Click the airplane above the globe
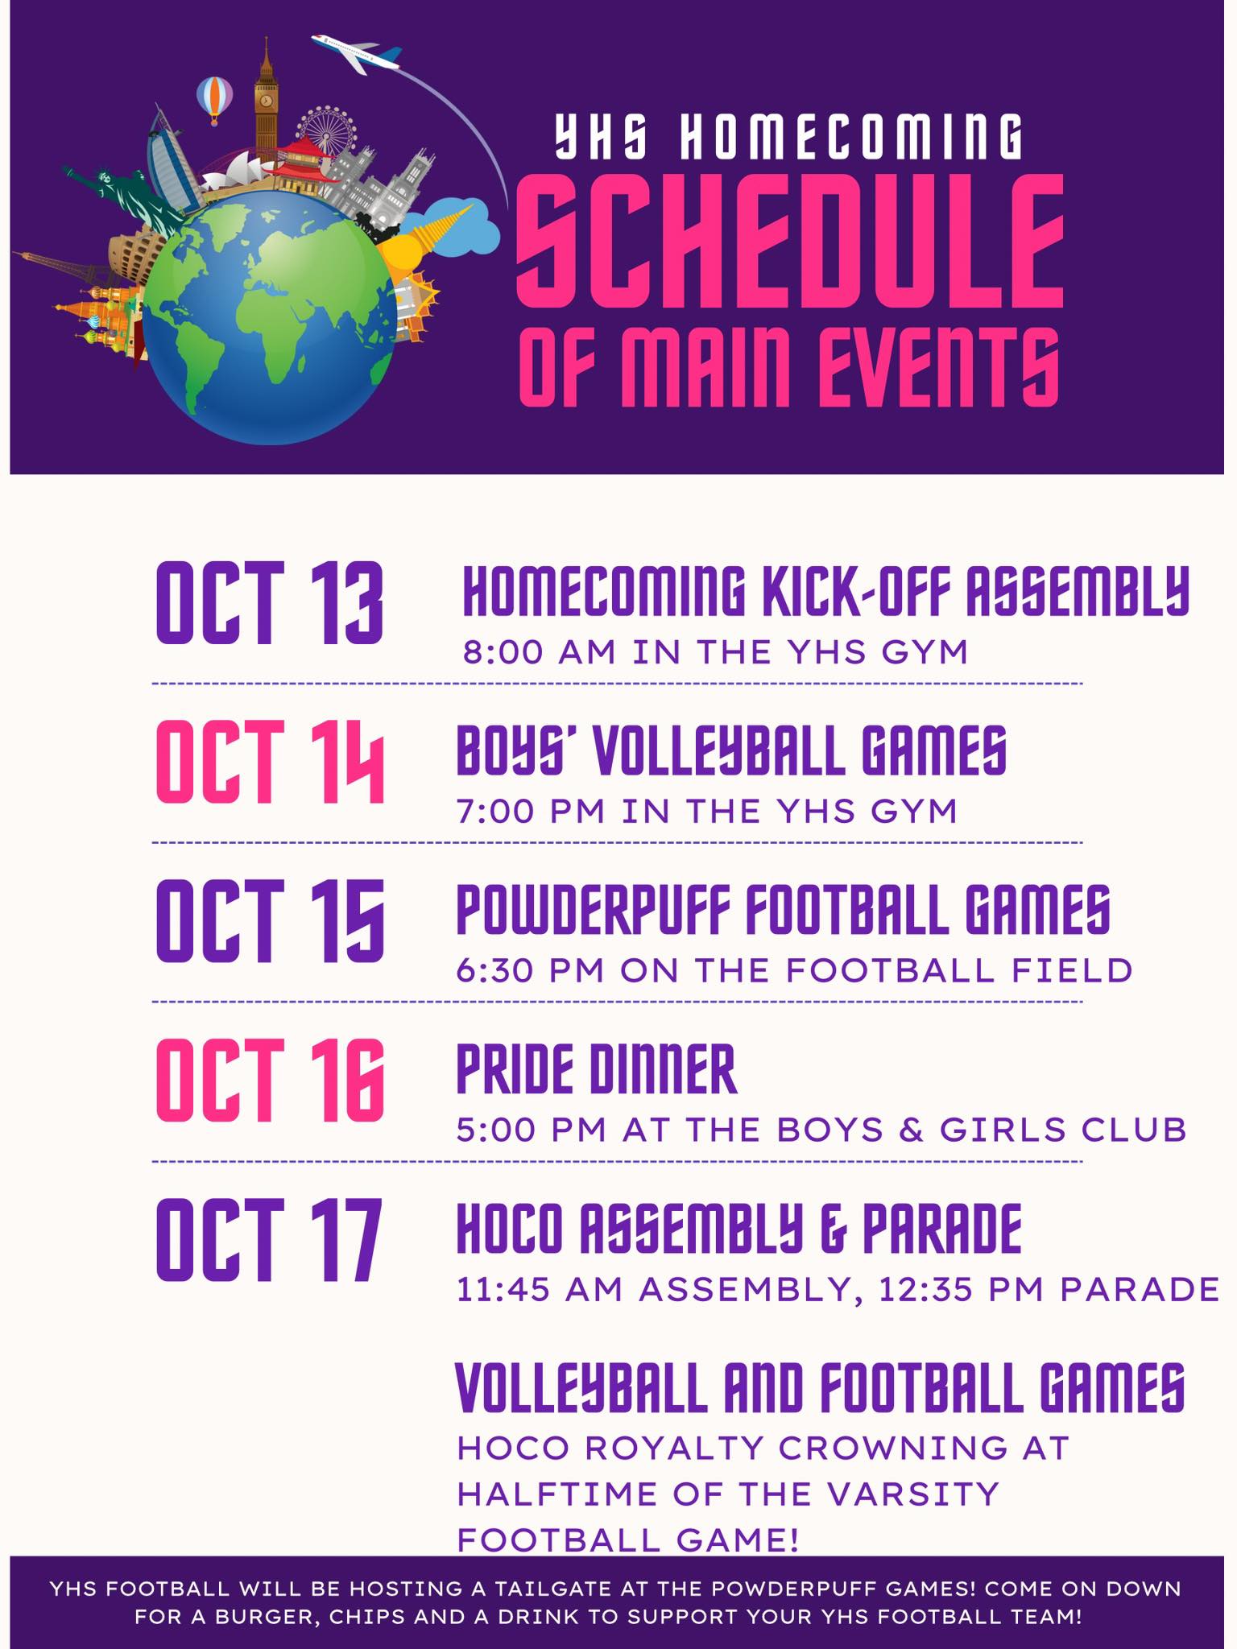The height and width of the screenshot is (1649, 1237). [x=354, y=53]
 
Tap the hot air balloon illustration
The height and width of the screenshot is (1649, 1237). [x=215, y=99]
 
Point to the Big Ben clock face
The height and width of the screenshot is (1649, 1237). [x=265, y=100]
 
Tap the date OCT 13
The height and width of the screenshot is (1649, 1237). [x=269, y=602]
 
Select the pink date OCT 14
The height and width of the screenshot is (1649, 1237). [x=269, y=761]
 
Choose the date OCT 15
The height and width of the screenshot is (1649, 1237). [x=269, y=920]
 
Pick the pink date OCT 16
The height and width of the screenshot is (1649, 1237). [x=269, y=1080]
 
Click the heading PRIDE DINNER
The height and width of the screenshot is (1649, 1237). [x=596, y=1069]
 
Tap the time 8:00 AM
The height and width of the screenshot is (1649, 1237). [x=539, y=651]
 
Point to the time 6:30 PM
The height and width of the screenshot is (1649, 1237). [x=530, y=970]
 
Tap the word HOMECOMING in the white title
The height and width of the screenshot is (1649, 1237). [x=850, y=136]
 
